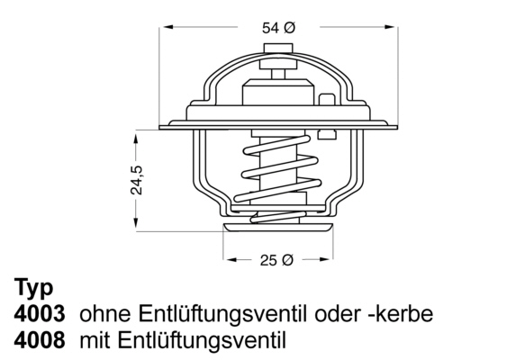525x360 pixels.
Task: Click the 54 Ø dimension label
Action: [278, 28]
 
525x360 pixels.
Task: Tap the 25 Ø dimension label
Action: [276, 260]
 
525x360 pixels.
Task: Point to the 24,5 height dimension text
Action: [137, 180]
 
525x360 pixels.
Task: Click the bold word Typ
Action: [34, 288]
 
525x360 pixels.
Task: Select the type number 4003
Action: [40, 314]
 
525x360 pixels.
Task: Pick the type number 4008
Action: [40, 339]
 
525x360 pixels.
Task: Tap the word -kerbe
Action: [401, 314]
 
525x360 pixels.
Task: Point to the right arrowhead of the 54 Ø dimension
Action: [391, 27]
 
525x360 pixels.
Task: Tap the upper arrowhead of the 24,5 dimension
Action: [135, 139]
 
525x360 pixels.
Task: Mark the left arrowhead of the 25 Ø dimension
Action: [231, 259]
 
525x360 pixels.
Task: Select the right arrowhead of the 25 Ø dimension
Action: [326, 259]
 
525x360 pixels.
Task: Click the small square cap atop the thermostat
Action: [278, 49]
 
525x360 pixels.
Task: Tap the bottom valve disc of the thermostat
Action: [278, 228]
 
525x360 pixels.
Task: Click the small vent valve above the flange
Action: [327, 99]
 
